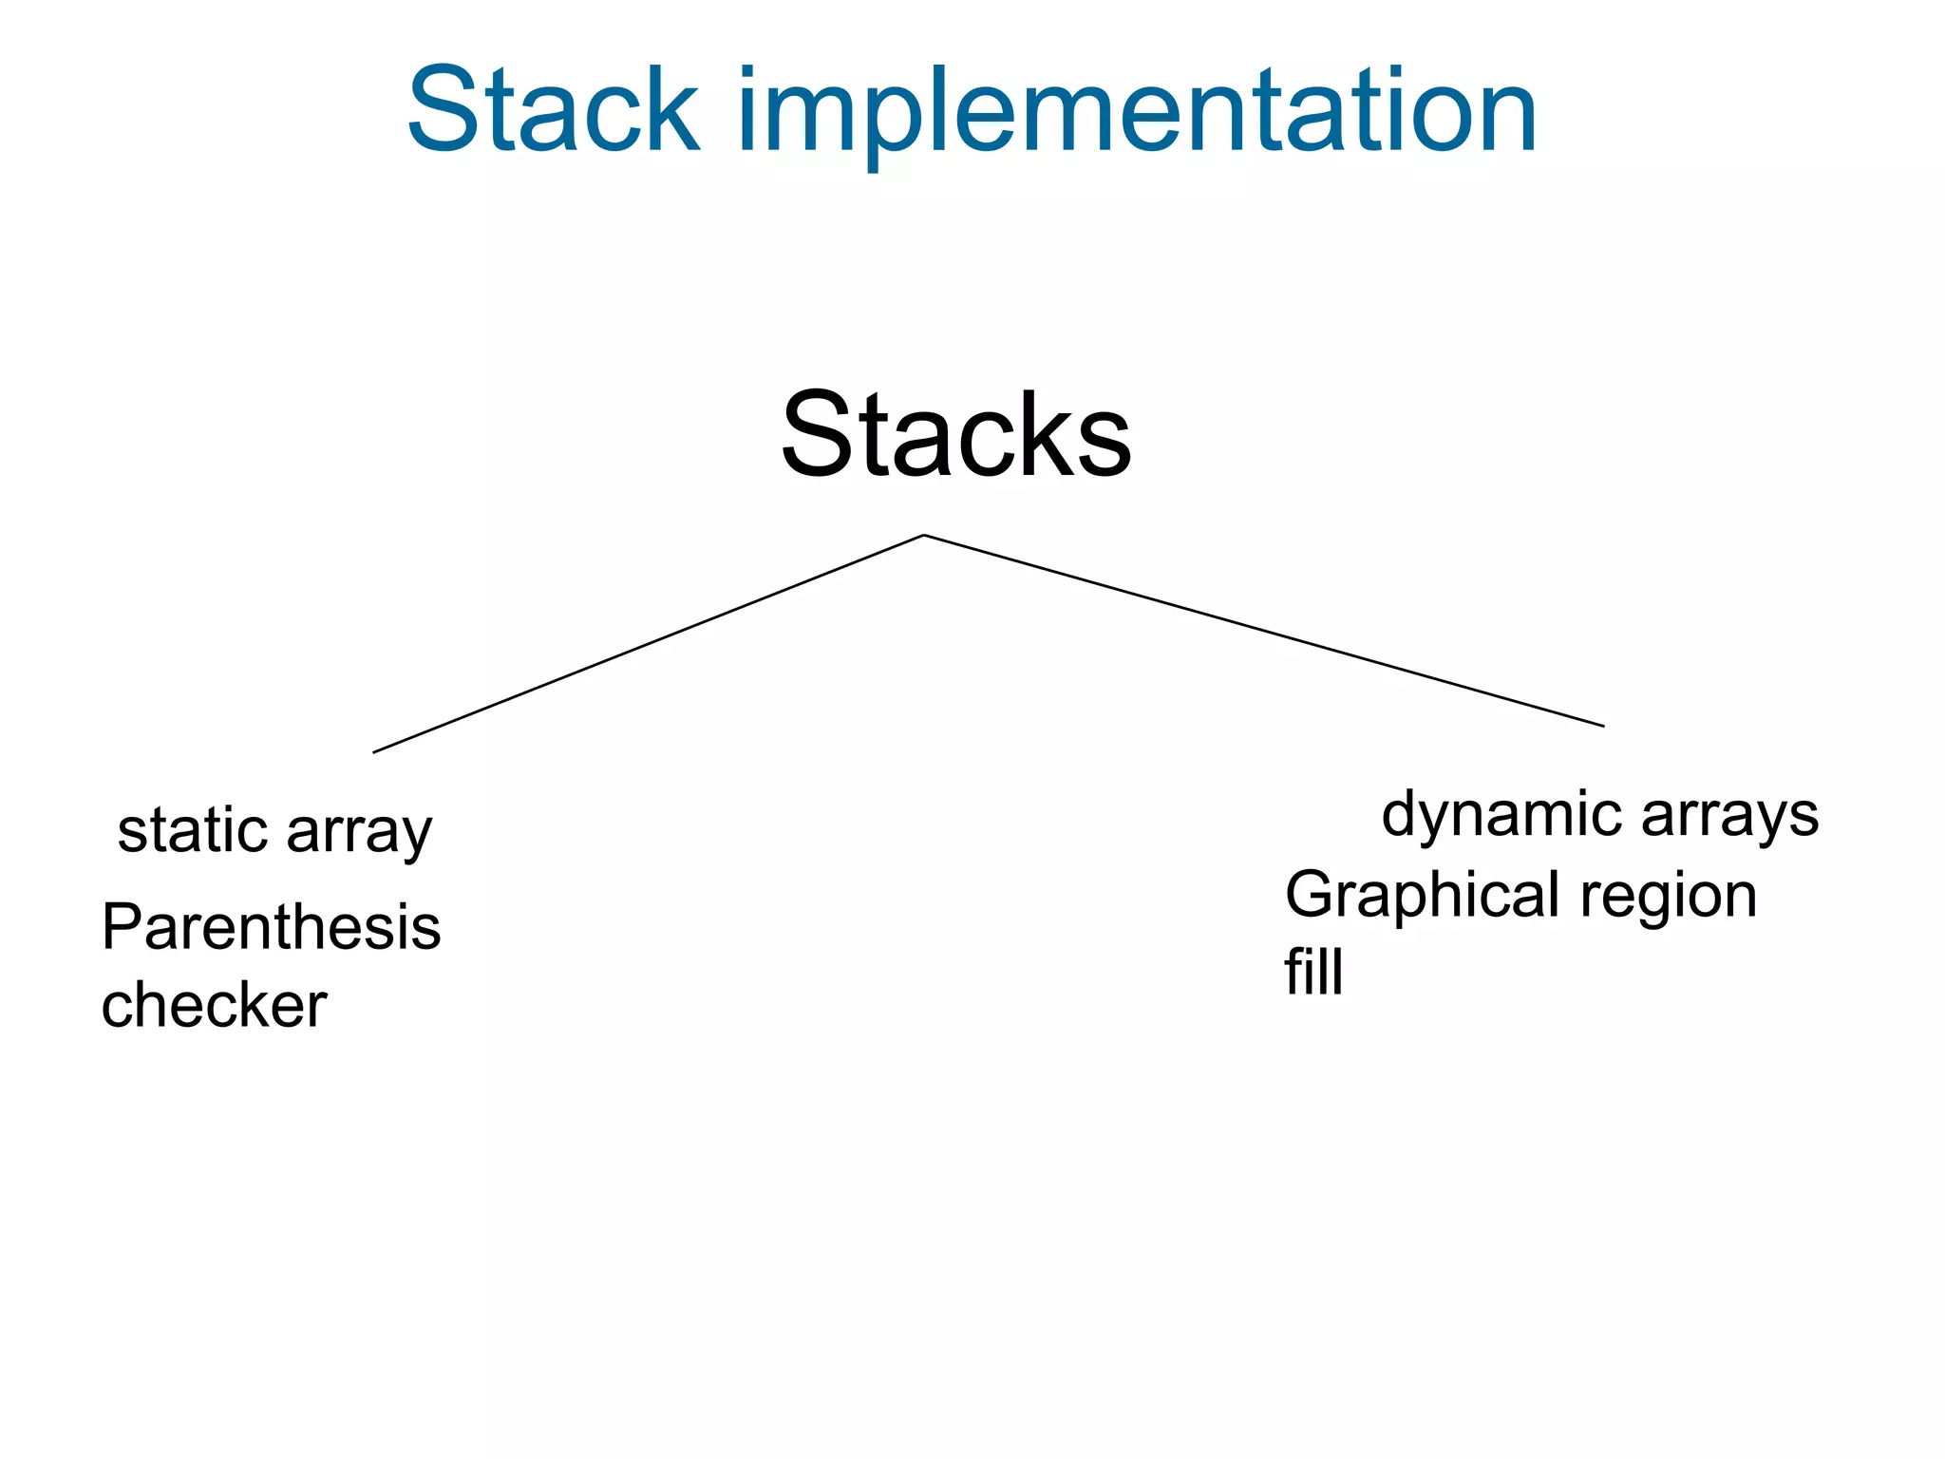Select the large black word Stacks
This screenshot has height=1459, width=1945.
[956, 435]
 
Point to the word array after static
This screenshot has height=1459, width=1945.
[359, 834]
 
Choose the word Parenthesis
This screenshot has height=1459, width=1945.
[272, 927]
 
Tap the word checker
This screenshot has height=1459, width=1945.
[214, 1005]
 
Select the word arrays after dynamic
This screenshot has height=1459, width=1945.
[1729, 817]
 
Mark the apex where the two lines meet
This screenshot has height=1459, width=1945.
[924, 536]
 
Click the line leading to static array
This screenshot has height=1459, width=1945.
[649, 644]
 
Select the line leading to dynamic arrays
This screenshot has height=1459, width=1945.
[1263, 631]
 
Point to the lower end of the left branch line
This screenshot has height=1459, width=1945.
[374, 752]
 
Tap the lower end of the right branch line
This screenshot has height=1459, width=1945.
[1603, 726]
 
